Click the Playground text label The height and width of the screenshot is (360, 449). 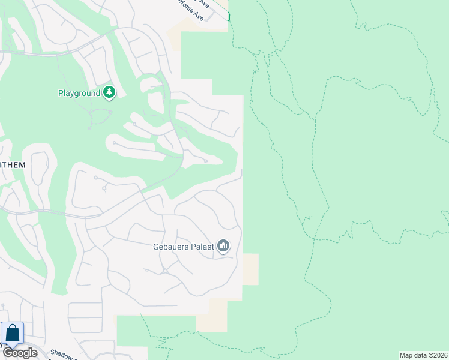pyautogui.click(x=79, y=93)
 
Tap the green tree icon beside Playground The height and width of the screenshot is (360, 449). pyautogui.click(x=109, y=92)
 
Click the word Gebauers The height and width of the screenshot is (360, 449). pyautogui.click(x=171, y=246)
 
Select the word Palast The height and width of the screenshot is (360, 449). pyautogui.click(x=202, y=246)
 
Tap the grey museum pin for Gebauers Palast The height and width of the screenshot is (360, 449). pyautogui.click(x=223, y=246)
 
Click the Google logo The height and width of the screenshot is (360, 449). pyautogui.click(x=20, y=353)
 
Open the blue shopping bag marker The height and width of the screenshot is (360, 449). pyautogui.click(x=12, y=334)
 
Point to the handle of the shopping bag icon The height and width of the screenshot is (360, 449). pyautogui.click(x=12, y=329)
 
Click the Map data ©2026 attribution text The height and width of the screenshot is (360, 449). pyautogui.click(x=423, y=355)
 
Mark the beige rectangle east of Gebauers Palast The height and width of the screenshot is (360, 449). pyautogui.click(x=250, y=269)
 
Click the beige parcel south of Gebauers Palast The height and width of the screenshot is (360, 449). pyautogui.click(x=213, y=316)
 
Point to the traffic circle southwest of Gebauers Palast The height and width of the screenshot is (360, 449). pyautogui.click(x=164, y=271)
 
